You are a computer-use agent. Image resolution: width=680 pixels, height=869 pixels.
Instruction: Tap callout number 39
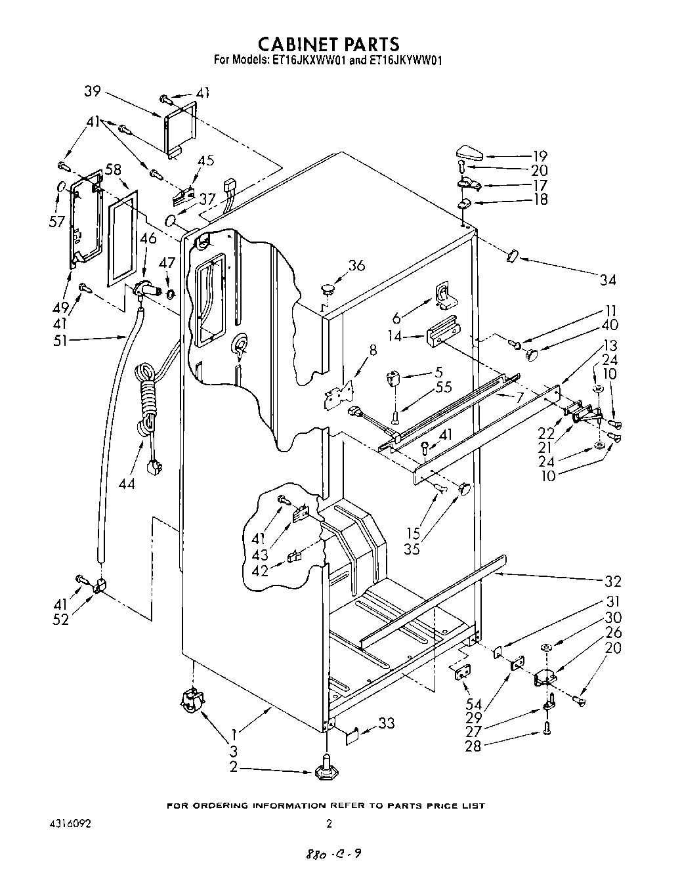93,91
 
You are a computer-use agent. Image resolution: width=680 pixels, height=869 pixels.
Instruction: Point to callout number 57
56,221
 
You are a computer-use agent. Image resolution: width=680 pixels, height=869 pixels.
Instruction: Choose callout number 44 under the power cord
127,483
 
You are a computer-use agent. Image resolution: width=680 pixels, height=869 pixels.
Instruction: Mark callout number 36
356,265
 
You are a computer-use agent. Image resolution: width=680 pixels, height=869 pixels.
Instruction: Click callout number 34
608,280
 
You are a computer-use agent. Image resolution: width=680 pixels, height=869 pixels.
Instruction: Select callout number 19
540,156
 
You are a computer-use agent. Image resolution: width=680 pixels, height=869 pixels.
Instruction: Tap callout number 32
613,581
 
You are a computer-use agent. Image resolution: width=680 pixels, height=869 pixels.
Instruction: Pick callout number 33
387,724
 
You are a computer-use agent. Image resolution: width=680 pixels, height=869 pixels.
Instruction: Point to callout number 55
444,387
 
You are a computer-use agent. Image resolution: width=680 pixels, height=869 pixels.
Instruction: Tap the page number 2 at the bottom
329,824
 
